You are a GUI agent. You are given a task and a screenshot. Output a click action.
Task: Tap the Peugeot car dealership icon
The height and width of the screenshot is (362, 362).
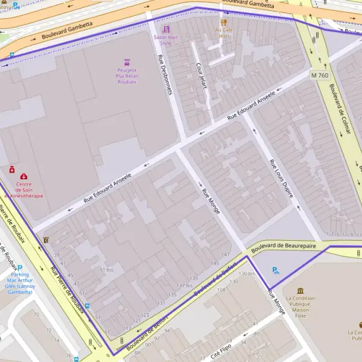127,62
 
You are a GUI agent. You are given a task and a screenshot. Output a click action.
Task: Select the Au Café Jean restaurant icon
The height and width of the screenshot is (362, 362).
224,22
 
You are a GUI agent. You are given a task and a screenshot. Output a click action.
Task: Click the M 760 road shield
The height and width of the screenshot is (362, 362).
320,75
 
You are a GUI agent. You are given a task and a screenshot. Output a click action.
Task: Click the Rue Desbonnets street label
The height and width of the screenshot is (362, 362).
165,75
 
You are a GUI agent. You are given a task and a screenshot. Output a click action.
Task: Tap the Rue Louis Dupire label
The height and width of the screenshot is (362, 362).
281,179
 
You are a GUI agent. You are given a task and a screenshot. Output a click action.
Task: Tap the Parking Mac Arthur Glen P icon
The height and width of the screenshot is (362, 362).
19,267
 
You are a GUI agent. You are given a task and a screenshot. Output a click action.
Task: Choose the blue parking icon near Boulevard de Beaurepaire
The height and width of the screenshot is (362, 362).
276,271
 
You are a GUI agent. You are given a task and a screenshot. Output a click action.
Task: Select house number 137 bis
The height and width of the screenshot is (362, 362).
184,285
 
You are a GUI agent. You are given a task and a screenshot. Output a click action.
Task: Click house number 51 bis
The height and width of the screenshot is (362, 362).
106,269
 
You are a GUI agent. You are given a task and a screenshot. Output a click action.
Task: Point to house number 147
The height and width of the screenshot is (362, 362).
226,255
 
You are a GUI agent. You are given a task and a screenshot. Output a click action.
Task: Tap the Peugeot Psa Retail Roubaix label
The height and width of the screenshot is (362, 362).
127,75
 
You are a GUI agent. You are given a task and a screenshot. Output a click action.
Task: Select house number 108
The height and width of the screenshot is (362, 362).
221,290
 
